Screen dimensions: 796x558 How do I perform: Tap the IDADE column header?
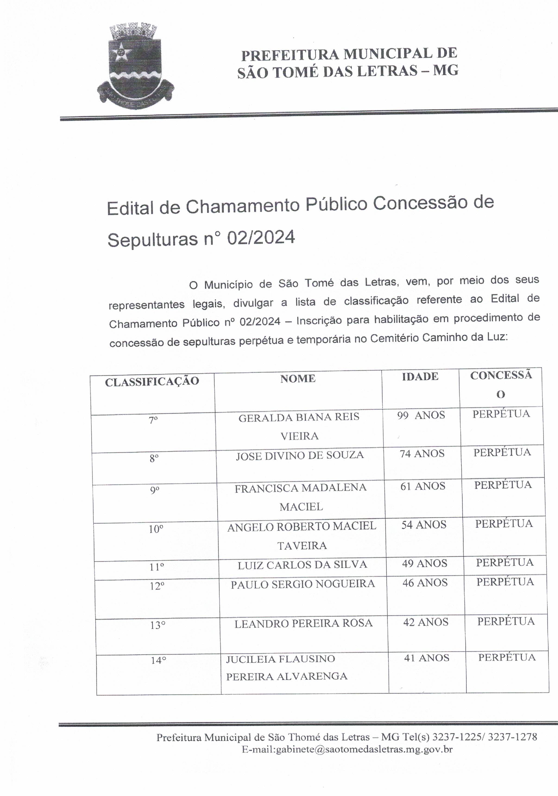[420, 377]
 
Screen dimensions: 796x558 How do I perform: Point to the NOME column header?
[298, 379]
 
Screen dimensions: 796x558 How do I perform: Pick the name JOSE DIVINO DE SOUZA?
[300, 455]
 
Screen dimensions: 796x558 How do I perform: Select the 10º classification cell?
[156, 530]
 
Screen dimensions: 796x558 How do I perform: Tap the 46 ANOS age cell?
[425, 583]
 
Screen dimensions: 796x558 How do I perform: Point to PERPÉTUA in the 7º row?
[501, 414]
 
